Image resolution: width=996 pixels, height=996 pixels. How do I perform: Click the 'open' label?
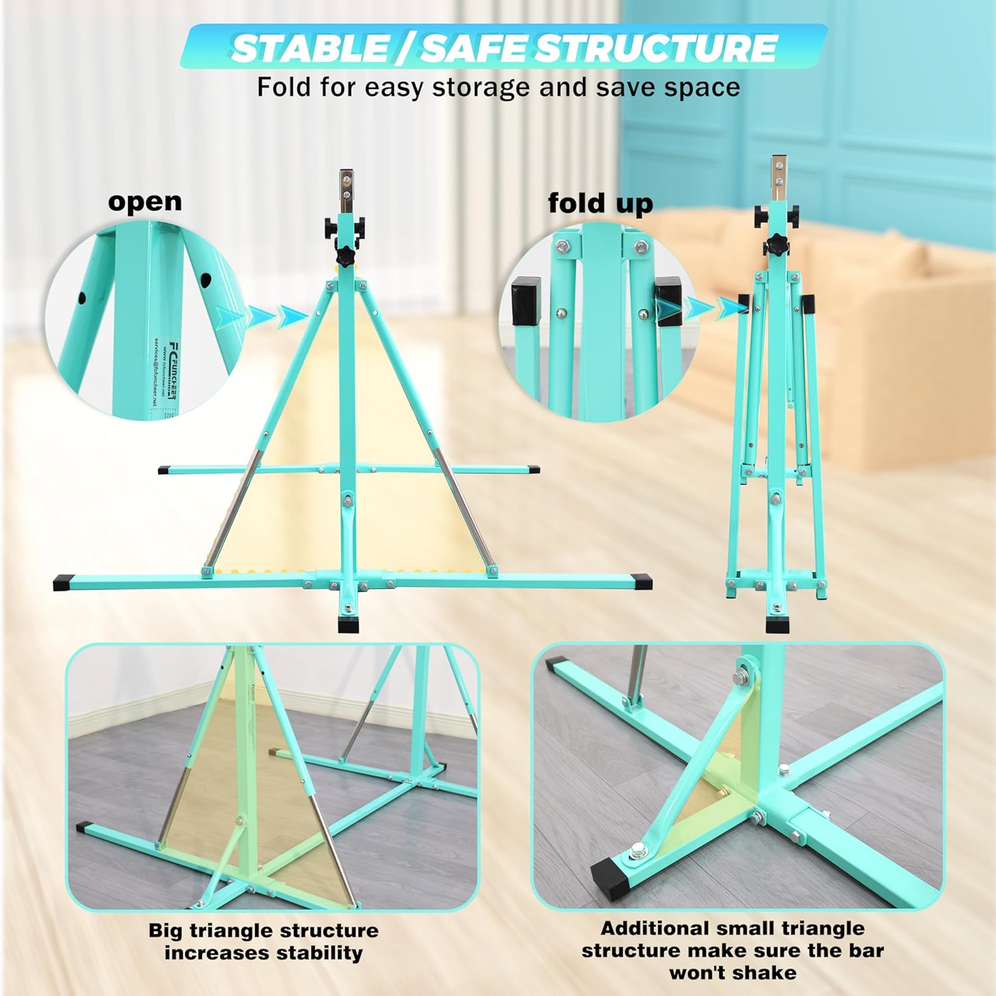click(x=145, y=201)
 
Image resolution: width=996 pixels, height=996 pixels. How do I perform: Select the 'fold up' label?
click(x=600, y=203)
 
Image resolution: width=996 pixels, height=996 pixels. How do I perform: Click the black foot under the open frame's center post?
click(x=348, y=625)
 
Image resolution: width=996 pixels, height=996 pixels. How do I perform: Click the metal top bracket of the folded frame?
click(x=777, y=176)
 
